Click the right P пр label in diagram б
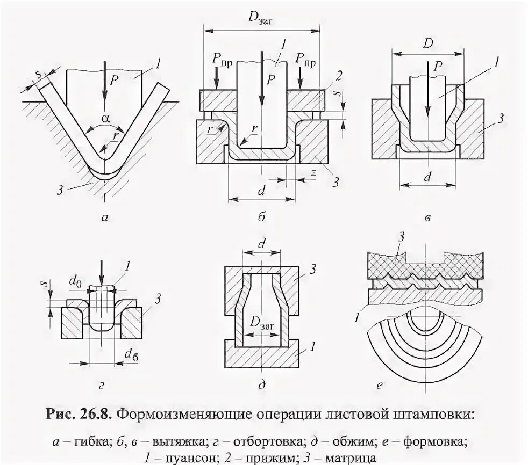point(305,64)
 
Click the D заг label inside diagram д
point(261,323)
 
